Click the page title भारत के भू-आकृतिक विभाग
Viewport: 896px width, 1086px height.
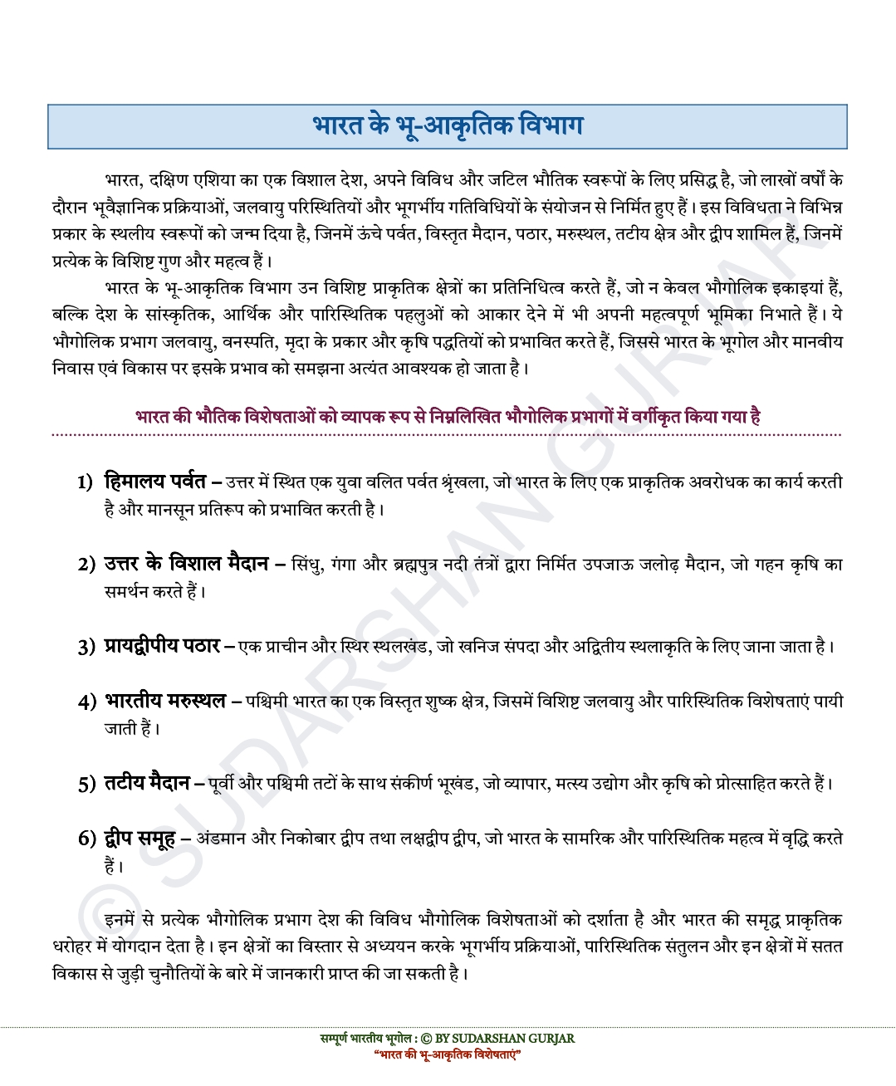pyautogui.click(x=448, y=126)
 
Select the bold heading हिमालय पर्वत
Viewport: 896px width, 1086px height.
pyautogui.click(x=154, y=481)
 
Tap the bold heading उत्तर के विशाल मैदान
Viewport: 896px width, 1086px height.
pyautogui.click(x=186, y=564)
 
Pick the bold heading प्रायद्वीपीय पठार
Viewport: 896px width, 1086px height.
pyautogui.click(x=162, y=645)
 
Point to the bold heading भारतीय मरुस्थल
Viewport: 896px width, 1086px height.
pyautogui.click(x=165, y=701)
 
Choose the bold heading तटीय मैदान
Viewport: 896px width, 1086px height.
pyautogui.click(x=147, y=782)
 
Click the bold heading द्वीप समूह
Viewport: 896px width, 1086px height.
pyautogui.click(x=140, y=838)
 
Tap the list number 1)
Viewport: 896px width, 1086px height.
pyautogui.click(x=85, y=482)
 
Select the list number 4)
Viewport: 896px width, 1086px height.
pyautogui.click(x=87, y=702)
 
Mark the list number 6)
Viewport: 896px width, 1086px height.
pyautogui.click(x=87, y=839)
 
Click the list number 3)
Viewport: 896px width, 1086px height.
pyautogui.click(x=87, y=647)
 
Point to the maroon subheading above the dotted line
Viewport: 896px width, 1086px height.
pyautogui.click(x=448, y=417)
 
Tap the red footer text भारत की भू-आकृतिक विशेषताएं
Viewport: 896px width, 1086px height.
pyautogui.click(x=448, y=1054)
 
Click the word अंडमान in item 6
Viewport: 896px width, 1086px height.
pyautogui.click(x=221, y=839)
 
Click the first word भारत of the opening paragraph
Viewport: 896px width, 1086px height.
pyautogui.click(x=123, y=180)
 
